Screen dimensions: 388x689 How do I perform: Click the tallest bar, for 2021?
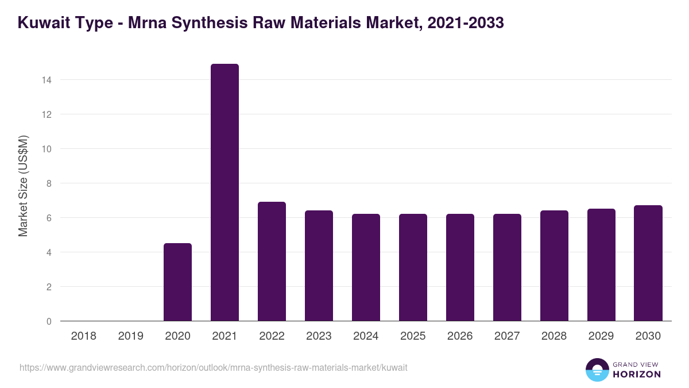(x=224, y=193)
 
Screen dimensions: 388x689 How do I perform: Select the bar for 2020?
(x=177, y=282)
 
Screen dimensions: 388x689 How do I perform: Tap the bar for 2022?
(x=272, y=262)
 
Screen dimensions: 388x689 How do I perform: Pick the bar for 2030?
(x=648, y=263)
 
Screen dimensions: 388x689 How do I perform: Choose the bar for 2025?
(x=413, y=267)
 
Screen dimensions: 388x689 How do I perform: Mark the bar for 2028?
(x=554, y=266)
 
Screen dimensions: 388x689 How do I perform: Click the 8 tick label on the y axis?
(x=49, y=183)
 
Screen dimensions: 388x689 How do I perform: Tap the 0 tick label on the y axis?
(x=49, y=321)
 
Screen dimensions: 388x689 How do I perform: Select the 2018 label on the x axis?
(x=83, y=336)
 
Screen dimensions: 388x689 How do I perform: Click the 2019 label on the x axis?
(x=130, y=336)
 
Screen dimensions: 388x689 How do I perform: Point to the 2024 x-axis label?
(x=366, y=336)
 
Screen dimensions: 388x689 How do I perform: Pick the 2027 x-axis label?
(x=507, y=336)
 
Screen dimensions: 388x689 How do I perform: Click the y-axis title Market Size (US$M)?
(x=23, y=186)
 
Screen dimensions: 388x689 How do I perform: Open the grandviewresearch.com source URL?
(x=213, y=367)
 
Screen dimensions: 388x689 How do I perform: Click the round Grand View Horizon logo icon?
(x=597, y=370)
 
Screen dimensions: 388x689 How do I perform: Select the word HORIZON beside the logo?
(x=637, y=374)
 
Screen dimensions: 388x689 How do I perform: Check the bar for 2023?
(x=319, y=266)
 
